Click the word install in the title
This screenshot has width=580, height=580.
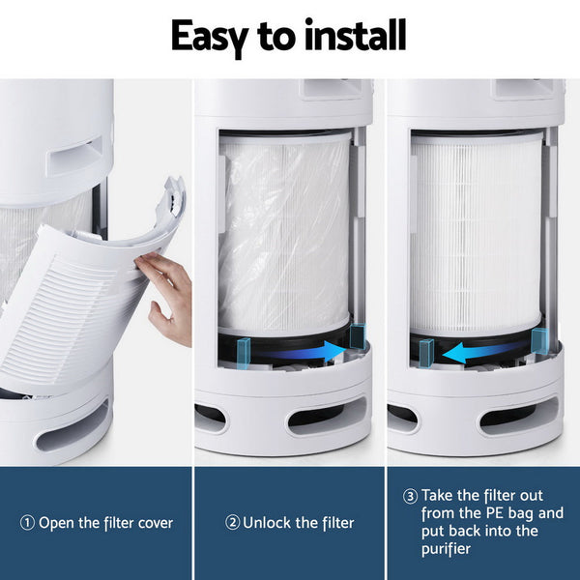point(354,36)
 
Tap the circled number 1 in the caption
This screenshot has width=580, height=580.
point(27,523)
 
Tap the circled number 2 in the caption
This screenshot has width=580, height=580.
point(232,523)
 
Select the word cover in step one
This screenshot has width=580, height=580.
point(153,523)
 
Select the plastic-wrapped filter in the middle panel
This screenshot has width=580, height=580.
point(282,232)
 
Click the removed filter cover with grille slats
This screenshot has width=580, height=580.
point(87,300)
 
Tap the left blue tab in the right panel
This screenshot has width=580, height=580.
point(424,352)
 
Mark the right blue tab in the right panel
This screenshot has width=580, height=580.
point(539,340)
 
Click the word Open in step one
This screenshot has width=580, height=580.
point(55,523)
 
